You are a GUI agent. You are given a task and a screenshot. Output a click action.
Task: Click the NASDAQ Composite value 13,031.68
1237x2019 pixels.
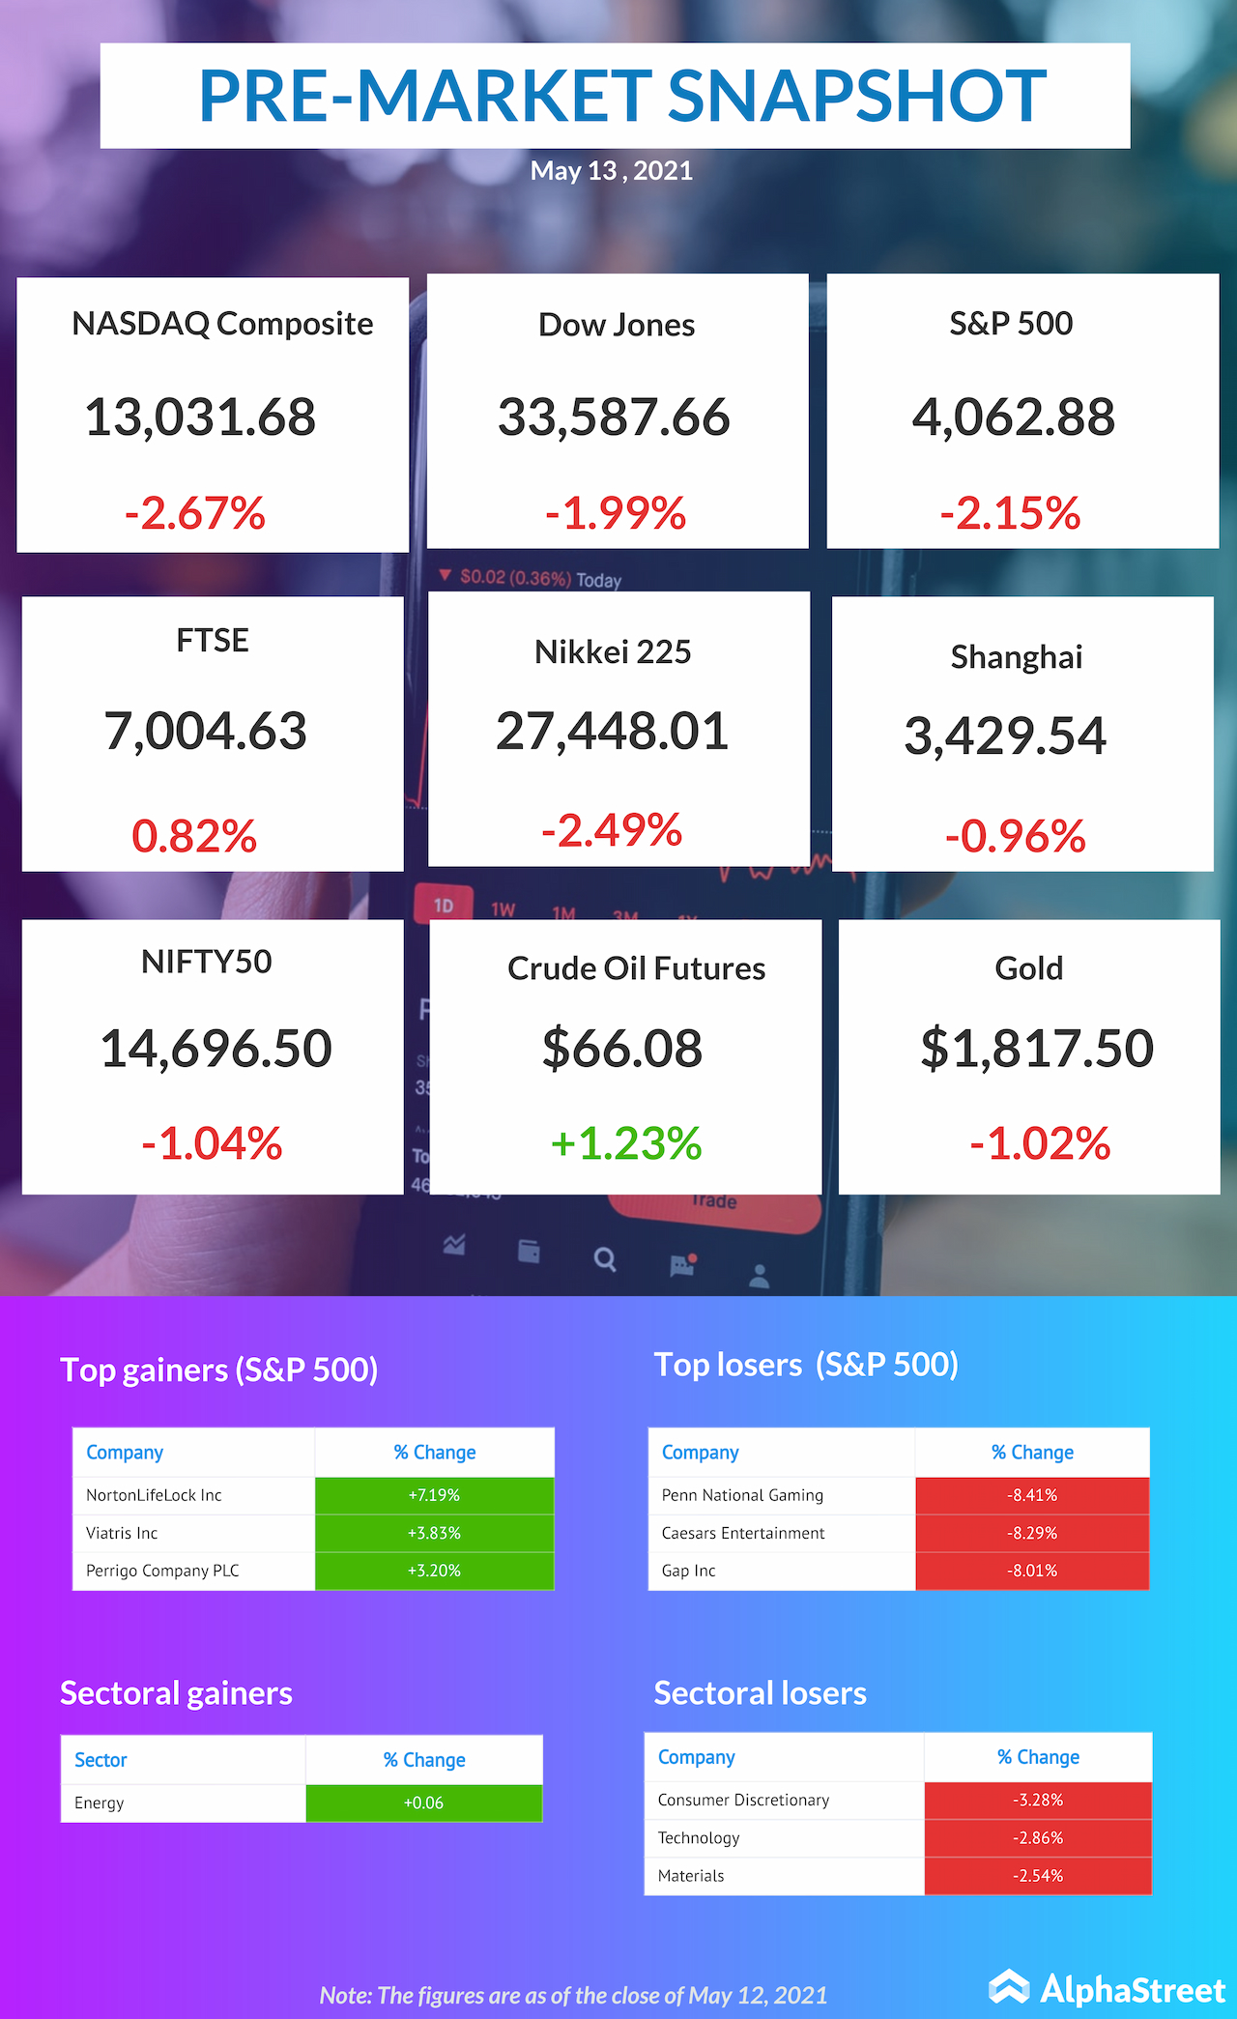click(200, 418)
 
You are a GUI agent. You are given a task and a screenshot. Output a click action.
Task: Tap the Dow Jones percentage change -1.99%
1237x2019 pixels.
click(616, 513)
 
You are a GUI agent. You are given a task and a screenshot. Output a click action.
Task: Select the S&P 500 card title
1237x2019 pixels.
click(1011, 324)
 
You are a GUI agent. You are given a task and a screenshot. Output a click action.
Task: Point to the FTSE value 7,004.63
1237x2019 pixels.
click(205, 731)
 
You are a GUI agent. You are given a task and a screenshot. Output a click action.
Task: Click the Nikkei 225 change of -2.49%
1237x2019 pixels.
click(612, 830)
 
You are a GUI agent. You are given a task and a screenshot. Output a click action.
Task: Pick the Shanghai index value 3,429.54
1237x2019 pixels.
click(1005, 735)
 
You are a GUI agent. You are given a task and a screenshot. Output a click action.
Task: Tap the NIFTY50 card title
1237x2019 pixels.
click(207, 962)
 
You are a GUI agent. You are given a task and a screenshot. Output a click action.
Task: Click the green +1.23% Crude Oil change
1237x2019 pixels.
click(626, 1143)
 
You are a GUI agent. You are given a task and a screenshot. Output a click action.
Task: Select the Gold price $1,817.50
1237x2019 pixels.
click(1037, 1049)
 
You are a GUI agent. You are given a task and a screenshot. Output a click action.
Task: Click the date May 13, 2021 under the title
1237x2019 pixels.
click(612, 171)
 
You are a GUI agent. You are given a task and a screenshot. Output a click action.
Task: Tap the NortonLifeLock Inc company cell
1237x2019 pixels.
click(154, 1495)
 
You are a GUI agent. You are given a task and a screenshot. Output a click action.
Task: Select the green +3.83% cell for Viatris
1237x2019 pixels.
click(434, 1533)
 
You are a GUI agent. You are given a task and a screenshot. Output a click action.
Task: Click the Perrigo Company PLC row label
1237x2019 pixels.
click(162, 1571)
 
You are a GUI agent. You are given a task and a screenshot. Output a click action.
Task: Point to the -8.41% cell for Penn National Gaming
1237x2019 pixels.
click(1032, 1495)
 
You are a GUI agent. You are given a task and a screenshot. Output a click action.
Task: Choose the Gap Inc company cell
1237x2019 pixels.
click(689, 1571)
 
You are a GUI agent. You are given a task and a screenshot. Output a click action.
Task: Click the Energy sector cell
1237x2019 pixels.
click(100, 1803)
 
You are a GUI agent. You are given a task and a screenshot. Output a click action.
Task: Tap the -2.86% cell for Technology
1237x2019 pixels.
click(1038, 1837)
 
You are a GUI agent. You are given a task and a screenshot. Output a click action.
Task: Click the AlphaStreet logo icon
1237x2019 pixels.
click(1009, 1987)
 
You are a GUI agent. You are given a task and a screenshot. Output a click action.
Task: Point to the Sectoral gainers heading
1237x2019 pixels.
click(176, 1693)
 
